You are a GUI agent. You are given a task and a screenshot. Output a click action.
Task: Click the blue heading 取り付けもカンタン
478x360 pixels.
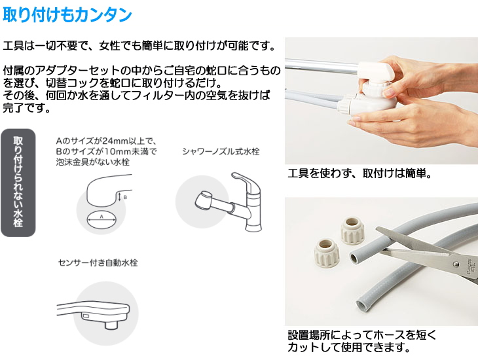67,14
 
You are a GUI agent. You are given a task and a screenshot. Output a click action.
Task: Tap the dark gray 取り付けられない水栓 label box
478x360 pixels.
18,183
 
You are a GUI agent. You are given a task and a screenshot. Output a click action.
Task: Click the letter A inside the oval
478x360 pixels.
101,217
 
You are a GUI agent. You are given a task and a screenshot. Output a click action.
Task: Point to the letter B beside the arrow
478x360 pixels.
125,197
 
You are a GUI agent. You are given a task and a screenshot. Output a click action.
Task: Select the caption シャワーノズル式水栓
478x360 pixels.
221,151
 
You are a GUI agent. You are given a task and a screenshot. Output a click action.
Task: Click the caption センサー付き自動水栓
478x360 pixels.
98,262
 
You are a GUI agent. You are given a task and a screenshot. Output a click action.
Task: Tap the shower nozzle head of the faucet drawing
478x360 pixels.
204,200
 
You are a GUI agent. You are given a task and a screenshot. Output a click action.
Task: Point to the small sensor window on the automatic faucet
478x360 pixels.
86,316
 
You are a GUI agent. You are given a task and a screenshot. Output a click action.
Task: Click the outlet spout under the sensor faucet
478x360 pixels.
111,325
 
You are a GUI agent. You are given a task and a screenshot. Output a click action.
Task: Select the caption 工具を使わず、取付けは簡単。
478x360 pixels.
359,173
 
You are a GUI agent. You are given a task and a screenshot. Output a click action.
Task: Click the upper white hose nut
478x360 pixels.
352,230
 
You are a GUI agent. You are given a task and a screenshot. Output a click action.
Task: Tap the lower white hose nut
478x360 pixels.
326,253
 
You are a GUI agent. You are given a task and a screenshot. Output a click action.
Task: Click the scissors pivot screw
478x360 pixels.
456,264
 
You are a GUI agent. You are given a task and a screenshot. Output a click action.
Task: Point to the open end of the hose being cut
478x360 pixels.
354,259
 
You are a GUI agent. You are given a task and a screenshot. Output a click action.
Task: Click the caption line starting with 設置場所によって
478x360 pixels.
362,335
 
